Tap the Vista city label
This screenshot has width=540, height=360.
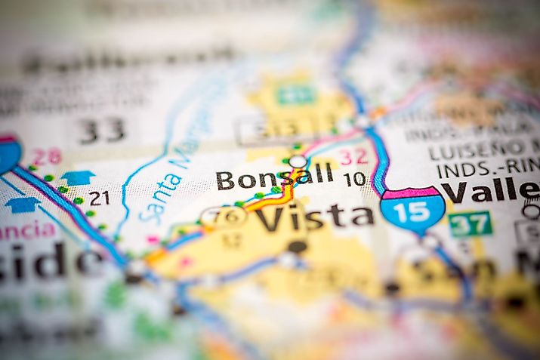pyautogui.click(x=313, y=218)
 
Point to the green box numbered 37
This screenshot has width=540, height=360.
pyautogui.click(x=470, y=223)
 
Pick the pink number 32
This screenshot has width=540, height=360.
pyautogui.click(x=353, y=157)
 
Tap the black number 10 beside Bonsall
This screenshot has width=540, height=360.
pyautogui.click(x=354, y=180)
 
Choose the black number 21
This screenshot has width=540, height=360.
pyautogui.click(x=99, y=198)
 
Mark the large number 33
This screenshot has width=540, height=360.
pyautogui.click(x=103, y=131)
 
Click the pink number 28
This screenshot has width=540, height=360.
pyautogui.click(x=47, y=156)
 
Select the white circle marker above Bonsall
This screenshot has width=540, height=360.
pyautogui.click(x=298, y=161)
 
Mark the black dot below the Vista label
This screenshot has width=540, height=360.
pyautogui.click(x=297, y=247)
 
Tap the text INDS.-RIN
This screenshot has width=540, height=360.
pyautogui.click(x=483, y=170)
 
